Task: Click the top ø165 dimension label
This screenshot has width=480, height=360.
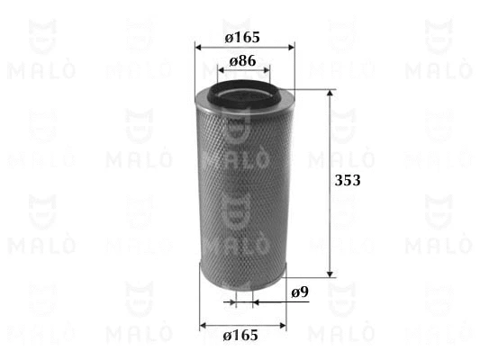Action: (242, 37)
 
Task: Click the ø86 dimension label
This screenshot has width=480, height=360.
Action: (242, 61)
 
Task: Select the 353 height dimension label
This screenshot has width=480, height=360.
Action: (348, 180)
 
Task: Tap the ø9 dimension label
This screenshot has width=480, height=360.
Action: (300, 292)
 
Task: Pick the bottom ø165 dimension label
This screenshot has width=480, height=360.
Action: (240, 335)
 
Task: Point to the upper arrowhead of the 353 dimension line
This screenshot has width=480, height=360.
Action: (330, 93)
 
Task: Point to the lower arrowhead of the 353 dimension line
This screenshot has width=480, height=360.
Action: (330, 274)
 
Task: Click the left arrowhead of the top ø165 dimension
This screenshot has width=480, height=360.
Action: (198, 48)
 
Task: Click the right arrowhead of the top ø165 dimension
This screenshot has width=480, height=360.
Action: (291, 48)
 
